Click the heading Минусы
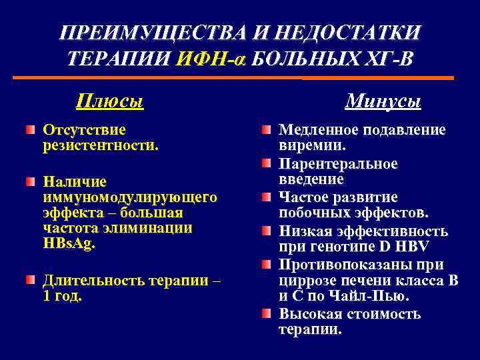pyautogui.click(x=383, y=102)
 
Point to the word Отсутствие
pyautogui.click(x=84, y=129)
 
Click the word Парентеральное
pyautogui.click(x=338, y=163)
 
